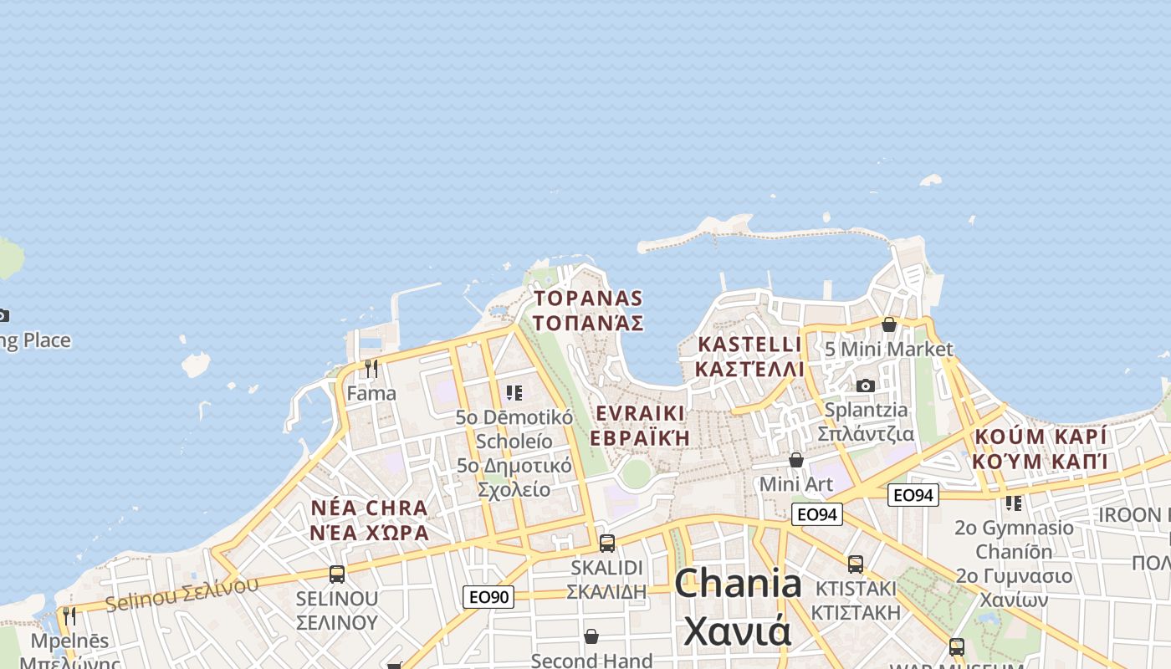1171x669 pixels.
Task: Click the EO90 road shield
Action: [x=488, y=596]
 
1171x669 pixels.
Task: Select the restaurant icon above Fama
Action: [x=371, y=368]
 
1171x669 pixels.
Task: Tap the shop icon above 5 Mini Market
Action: [x=889, y=324]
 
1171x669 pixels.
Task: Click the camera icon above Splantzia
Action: [x=866, y=386]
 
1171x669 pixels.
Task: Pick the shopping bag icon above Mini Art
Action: [x=796, y=460]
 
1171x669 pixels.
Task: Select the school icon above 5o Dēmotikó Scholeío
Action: [x=514, y=392]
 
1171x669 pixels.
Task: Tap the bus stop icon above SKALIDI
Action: [x=607, y=543]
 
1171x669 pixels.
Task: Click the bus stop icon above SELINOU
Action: [x=337, y=575]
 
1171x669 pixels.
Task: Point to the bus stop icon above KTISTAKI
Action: [x=855, y=564]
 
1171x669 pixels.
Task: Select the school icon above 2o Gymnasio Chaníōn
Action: [x=1014, y=503]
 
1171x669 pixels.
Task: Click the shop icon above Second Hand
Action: [x=591, y=637]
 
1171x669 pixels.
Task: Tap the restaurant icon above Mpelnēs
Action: [x=69, y=616]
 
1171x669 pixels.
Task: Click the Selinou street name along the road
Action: [x=182, y=592]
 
